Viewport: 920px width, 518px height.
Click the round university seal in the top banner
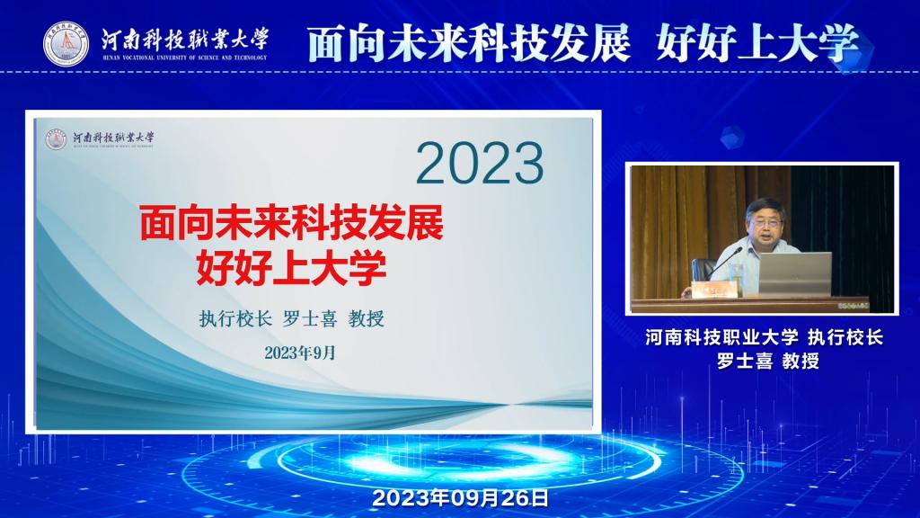[66, 44]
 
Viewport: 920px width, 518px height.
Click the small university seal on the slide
[57, 139]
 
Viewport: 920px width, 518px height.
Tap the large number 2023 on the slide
[480, 164]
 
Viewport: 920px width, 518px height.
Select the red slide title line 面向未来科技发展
[292, 223]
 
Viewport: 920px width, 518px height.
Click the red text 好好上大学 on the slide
[292, 267]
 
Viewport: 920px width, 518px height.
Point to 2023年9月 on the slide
[300, 353]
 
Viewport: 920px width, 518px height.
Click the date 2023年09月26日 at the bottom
[461, 498]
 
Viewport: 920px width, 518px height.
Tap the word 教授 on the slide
[367, 319]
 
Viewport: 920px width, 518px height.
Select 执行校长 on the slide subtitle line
[235, 319]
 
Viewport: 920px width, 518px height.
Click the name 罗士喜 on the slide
[310, 319]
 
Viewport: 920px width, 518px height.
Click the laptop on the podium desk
[795, 274]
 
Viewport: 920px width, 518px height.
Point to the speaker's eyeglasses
[766, 223]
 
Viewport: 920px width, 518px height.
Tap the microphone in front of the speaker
[725, 263]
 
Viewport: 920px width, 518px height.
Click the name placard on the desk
[714, 290]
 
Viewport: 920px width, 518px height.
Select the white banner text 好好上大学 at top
[757, 43]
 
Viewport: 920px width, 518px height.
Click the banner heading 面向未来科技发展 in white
[469, 43]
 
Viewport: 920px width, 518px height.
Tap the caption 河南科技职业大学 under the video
[721, 337]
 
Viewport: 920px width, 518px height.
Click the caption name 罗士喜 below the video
[745, 361]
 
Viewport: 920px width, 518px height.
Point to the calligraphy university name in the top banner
[185, 40]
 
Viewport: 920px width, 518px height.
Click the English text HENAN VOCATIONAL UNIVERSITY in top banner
[185, 58]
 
